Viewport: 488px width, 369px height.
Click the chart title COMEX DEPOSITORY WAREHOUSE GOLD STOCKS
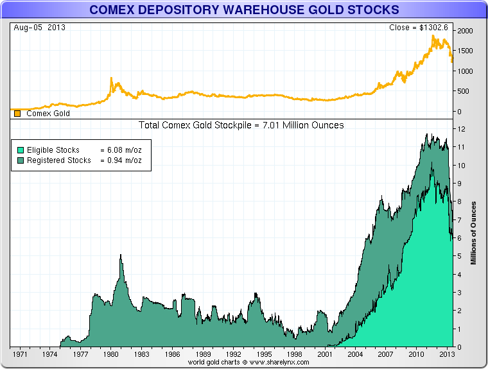[243, 10]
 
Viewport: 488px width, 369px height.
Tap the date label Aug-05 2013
[39, 28]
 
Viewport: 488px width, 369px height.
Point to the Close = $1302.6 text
[421, 28]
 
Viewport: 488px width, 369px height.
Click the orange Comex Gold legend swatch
[17, 114]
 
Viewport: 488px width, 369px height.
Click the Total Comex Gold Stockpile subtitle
[241, 125]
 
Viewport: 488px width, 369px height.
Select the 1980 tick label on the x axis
[110, 354]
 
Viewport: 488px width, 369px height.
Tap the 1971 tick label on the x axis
[19, 354]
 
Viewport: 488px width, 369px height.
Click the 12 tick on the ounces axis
[461, 129]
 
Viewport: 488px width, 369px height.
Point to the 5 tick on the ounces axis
[460, 256]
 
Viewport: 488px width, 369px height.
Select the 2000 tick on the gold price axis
[465, 31]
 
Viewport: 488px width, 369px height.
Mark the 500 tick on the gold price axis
[463, 91]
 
